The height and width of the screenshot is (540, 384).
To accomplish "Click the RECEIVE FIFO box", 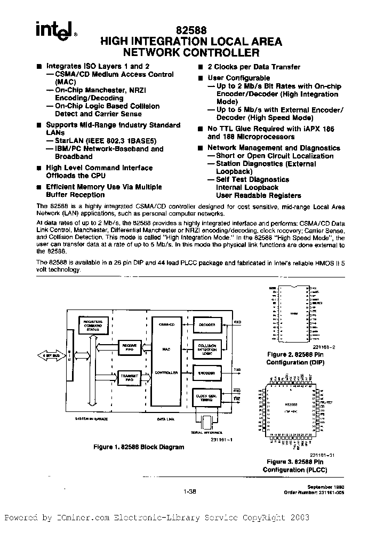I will [130, 346].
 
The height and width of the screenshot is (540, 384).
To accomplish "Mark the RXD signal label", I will [237, 322].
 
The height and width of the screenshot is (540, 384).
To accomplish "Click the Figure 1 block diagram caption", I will [139, 447].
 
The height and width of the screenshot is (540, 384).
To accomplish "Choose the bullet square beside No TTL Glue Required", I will [200, 129].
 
